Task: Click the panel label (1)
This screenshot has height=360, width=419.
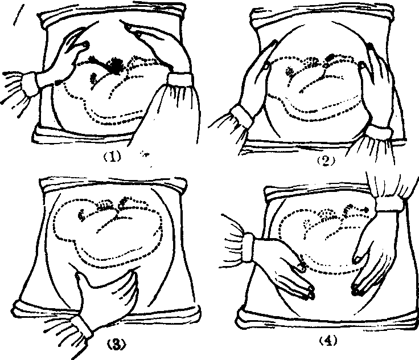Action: tap(112, 156)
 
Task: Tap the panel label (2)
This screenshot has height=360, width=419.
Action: tap(326, 161)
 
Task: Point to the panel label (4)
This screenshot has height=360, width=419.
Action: tap(328, 341)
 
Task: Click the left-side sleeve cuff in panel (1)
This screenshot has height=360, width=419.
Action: tap(32, 83)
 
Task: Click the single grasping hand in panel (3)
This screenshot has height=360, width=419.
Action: tap(107, 297)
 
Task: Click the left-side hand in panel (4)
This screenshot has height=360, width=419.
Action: tap(286, 268)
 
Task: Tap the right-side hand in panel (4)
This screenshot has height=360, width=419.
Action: tap(374, 254)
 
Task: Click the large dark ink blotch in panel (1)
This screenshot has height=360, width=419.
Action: tap(116, 64)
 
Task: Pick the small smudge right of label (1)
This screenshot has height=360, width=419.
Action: tap(145, 154)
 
